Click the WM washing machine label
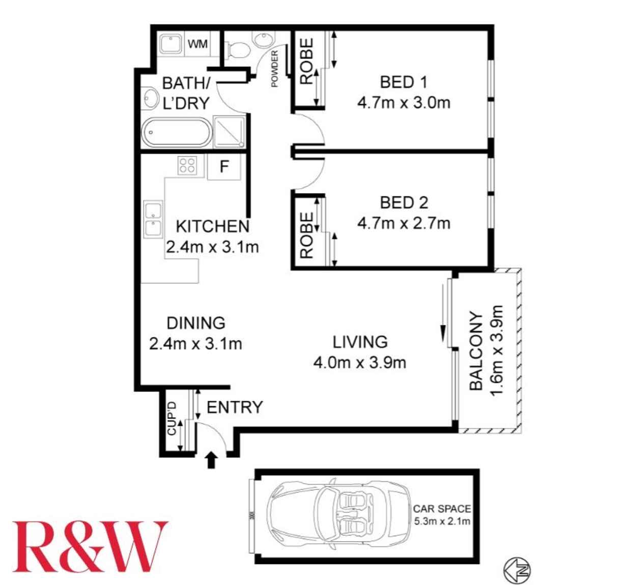pos(197,44)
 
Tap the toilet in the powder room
pos(237,50)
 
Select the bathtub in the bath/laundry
pos(177,132)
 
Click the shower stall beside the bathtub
pos(229,132)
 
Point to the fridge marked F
pos(224,167)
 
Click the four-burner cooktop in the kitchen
pos(187,165)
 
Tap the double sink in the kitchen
pos(153,219)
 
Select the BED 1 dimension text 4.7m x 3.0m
pos(404,103)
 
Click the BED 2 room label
pos(404,202)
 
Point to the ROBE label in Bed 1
pos(306,61)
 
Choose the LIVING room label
pos(360,342)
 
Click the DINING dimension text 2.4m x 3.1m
pos(196,343)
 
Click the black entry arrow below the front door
pos(211,460)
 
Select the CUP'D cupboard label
pos(172,419)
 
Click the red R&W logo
pos(90,546)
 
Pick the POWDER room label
pos(274,68)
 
